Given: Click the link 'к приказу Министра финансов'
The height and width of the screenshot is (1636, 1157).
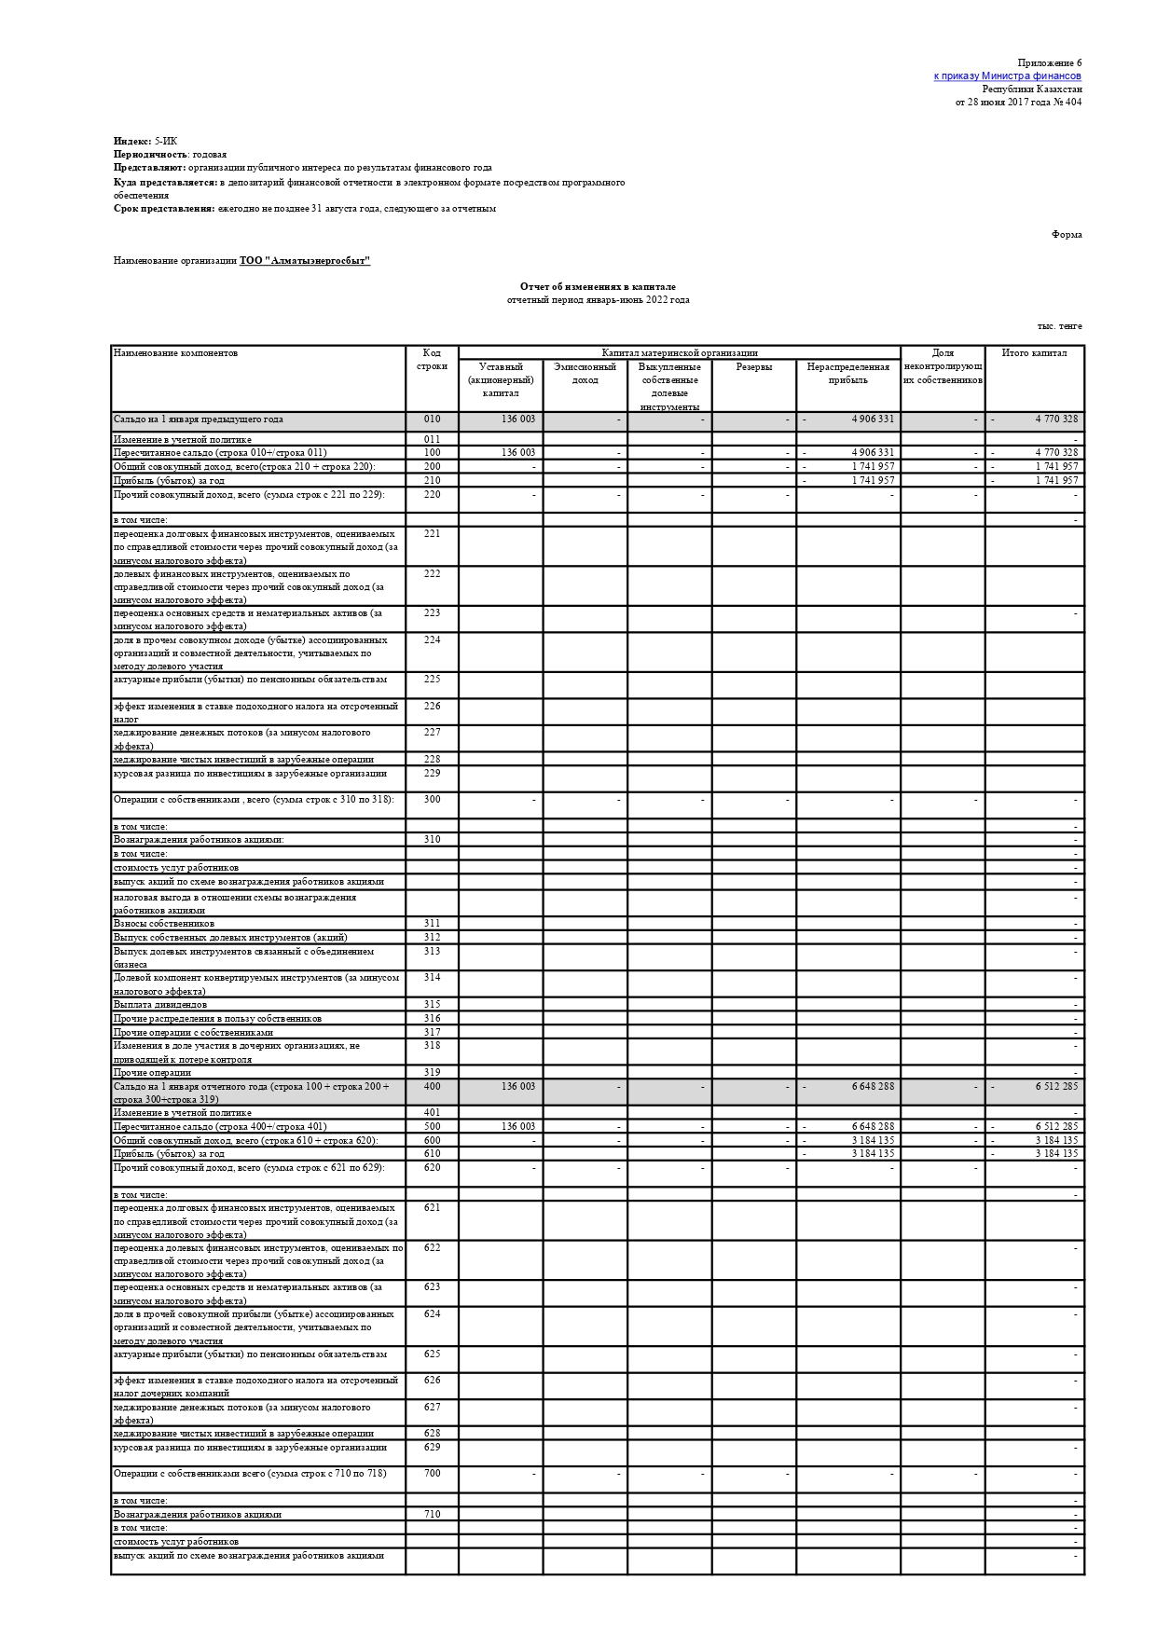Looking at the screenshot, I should tap(1007, 76).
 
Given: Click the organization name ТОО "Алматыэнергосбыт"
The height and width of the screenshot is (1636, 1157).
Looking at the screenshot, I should tap(305, 261).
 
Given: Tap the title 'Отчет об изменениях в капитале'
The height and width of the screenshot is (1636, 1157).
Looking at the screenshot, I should tap(598, 287).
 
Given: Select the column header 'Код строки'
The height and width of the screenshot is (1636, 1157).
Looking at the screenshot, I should tap(432, 360).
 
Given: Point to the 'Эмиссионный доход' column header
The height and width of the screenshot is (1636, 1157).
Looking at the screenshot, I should tap(585, 373).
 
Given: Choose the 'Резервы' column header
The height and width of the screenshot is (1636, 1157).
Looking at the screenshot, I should tap(753, 367).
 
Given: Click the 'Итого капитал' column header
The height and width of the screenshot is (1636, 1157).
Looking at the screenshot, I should tap(1034, 353).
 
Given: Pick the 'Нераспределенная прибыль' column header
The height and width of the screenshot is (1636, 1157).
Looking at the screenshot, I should tap(847, 373).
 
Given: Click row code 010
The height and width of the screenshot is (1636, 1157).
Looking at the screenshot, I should tap(432, 419).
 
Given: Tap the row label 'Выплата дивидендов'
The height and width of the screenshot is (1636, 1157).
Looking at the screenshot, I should tap(160, 1005).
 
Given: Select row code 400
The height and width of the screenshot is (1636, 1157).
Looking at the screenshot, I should tap(432, 1087).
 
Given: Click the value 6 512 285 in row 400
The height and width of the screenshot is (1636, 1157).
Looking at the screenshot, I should tap(1055, 1087).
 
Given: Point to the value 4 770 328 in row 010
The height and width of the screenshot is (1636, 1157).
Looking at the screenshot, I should tap(1055, 419).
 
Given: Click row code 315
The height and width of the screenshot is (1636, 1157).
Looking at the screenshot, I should tap(432, 1005).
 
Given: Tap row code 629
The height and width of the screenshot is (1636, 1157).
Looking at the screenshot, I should tap(432, 1448).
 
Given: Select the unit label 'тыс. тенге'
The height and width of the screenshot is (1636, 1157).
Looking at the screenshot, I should tap(1059, 326).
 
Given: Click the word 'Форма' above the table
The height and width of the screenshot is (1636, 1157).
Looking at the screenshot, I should tap(1067, 235).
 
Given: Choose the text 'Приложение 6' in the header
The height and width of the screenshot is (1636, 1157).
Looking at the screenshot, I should tap(1050, 62).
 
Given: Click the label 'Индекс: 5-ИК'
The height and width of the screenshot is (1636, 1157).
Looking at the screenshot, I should tap(145, 142).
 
